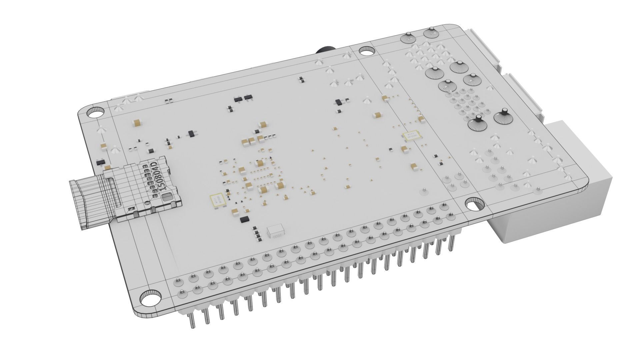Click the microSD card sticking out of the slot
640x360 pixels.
coord(90,203)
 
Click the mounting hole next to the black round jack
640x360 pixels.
coord(367,51)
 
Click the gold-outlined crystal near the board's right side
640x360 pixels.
coord(410,135)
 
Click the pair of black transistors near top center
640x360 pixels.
coord(242,98)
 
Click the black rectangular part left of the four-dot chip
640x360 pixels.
coord(245,219)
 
